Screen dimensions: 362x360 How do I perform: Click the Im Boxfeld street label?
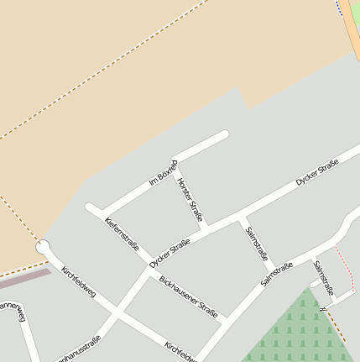coord(163,172)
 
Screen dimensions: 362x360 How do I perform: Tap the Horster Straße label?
coord(190,200)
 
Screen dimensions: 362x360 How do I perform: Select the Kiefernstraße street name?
coord(121,233)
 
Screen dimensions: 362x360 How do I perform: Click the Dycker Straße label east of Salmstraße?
coord(316,171)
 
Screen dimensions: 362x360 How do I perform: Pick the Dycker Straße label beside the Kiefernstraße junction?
coord(170,254)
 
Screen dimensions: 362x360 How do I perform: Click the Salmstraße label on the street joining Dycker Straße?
coord(256,243)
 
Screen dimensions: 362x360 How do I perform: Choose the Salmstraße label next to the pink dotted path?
coord(323,278)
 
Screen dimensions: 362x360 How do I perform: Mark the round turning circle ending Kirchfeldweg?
coord(44,248)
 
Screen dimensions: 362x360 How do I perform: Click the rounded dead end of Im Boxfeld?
coord(223,134)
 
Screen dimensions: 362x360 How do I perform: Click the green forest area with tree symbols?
coord(294,332)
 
